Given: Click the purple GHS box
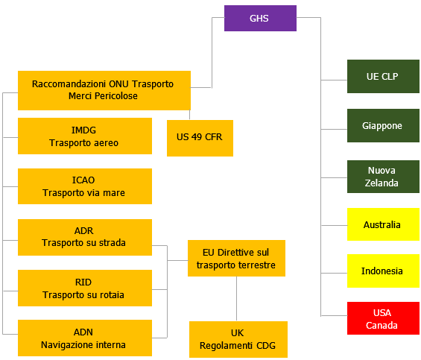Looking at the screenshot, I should [x=260, y=18].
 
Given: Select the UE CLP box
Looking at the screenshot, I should [x=383, y=77].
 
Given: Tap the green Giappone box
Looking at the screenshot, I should [x=383, y=126].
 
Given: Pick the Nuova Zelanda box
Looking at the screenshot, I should [x=383, y=177].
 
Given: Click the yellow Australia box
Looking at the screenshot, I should [x=383, y=224].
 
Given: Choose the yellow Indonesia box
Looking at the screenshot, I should [x=383, y=271].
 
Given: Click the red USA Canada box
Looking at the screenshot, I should [x=383, y=318].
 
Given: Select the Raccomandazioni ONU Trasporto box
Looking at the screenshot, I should [x=104, y=90].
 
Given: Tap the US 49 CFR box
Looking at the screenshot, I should [x=200, y=137].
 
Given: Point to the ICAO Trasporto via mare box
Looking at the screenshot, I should [x=84, y=186].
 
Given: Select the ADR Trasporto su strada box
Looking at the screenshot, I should [x=84, y=237].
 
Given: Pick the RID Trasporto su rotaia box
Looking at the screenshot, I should [x=84, y=288].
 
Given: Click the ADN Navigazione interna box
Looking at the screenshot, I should [x=84, y=338].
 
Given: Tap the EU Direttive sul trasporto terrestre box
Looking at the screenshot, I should [x=236, y=259].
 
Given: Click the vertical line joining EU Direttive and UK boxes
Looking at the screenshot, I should [x=237, y=299].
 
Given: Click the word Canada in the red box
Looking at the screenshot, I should [x=383, y=325].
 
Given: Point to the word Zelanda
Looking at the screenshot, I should [x=383, y=183].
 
